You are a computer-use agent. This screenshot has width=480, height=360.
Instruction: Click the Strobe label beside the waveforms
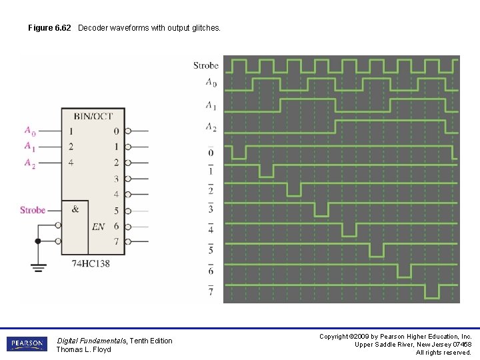pyautogui.click(x=205, y=65)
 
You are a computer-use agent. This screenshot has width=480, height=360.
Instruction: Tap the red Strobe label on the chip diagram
pyautogui.click(x=33, y=210)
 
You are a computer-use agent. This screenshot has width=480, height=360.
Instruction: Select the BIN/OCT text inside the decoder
pyautogui.click(x=93, y=117)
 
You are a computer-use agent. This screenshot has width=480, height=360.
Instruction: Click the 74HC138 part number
pyautogui.click(x=91, y=263)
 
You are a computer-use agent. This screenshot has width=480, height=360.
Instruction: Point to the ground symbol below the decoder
pyautogui.click(x=38, y=267)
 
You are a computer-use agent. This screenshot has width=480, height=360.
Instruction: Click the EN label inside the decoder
pyautogui.click(x=98, y=227)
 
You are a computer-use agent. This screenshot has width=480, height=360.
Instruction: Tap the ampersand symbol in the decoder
pyautogui.click(x=75, y=209)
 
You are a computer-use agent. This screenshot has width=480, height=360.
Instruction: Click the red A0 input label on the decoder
pyautogui.click(x=30, y=131)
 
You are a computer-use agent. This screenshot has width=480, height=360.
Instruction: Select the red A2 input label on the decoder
pyautogui.click(x=30, y=163)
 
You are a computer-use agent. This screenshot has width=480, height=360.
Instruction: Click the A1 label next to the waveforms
pyautogui.click(x=211, y=105)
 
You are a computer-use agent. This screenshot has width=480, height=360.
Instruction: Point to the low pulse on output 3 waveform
pyautogui.click(x=321, y=210)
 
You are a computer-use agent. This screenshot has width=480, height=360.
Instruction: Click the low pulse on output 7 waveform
pyautogui.click(x=432, y=292)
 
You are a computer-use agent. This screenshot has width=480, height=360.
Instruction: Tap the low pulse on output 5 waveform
pyautogui.click(x=377, y=251)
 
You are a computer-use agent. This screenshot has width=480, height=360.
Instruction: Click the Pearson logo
pyautogui.click(x=27, y=345)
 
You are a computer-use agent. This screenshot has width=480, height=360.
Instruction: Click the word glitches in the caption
pyautogui.click(x=205, y=28)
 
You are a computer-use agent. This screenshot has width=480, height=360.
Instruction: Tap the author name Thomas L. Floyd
pyautogui.click(x=83, y=349)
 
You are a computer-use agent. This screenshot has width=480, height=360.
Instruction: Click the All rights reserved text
pyautogui.click(x=443, y=352)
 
